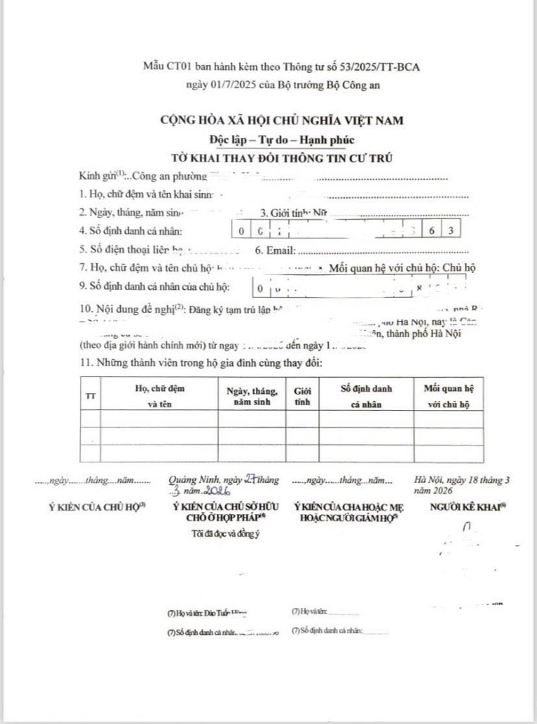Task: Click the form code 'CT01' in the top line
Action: pos(178,67)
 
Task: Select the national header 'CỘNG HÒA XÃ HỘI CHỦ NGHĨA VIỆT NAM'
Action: pos(281,120)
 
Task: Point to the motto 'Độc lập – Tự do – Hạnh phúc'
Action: pos(281,139)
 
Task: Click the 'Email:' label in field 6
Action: pos(280,250)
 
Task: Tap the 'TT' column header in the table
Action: pos(90,397)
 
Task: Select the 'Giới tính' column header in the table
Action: pos(303,396)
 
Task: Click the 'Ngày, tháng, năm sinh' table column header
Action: pos(252,396)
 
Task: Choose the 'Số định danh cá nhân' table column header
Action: pos(367,396)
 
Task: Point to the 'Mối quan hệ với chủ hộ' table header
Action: pos(449,396)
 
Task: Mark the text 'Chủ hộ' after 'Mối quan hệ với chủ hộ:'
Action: pos(459,267)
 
